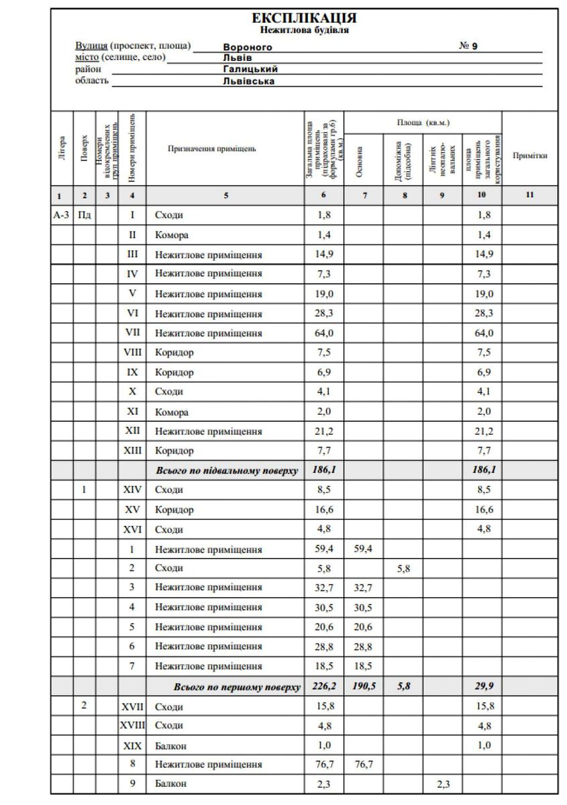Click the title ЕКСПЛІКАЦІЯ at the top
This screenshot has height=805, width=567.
point(303,18)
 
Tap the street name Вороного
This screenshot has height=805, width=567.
point(247,47)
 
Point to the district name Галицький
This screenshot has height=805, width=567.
point(250,69)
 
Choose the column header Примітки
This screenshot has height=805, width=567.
point(529,156)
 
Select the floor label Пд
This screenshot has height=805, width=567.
point(84,215)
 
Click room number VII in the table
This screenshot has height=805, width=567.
point(132,333)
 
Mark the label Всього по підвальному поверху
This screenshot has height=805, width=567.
point(227,470)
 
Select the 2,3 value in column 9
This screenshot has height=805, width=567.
point(442,783)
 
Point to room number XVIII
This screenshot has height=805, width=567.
point(132,725)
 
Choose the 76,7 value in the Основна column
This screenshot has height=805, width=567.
point(363,764)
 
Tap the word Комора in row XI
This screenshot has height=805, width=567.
point(172,412)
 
